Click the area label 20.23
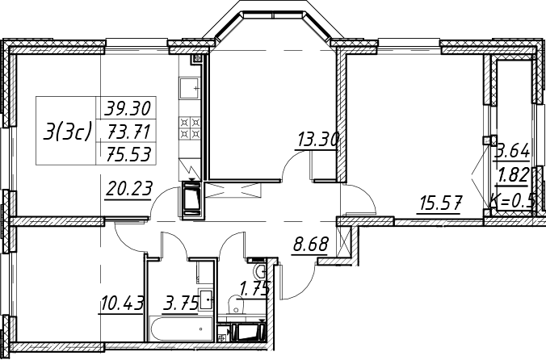pyautogui.click(x=129, y=190)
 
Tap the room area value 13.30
pyautogui.click(x=318, y=140)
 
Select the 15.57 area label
pyautogui.click(x=441, y=203)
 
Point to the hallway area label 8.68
pyautogui.click(x=311, y=244)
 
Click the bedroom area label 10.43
pyautogui.click(x=122, y=303)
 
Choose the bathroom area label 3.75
pyautogui.click(x=182, y=303)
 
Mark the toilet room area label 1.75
pyautogui.click(x=255, y=289)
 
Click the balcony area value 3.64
pyautogui.click(x=513, y=151)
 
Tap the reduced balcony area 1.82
pyautogui.click(x=514, y=175)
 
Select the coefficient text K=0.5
pyautogui.click(x=512, y=200)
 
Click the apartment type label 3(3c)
pyautogui.click(x=67, y=132)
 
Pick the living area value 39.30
pyautogui.click(x=128, y=108)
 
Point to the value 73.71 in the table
pyautogui.click(x=129, y=132)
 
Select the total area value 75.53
pyautogui.click(x=129, y=153)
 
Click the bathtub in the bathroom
pyautogui.click(x=181, y=329)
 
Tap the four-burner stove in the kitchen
pyautogui.click(x=191, y=128)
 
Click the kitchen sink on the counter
pyautogui.click(x=191, y=88)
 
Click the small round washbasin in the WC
pyautogui.click(x=260, y=270)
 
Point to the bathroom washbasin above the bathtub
pyautogui.click(x=205, y=299)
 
